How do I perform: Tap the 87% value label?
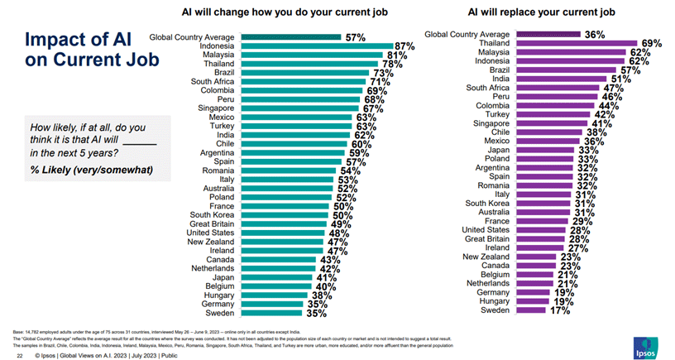(405, 46)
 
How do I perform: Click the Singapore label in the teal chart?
(214, 109)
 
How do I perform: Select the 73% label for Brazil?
(382, 74)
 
